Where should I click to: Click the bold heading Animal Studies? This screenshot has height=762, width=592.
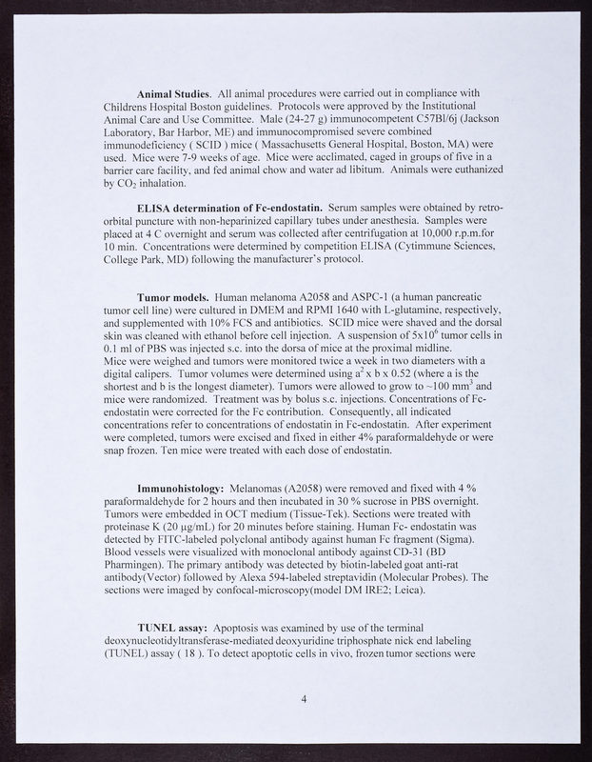175,93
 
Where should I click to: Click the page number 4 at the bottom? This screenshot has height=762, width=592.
304,700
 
